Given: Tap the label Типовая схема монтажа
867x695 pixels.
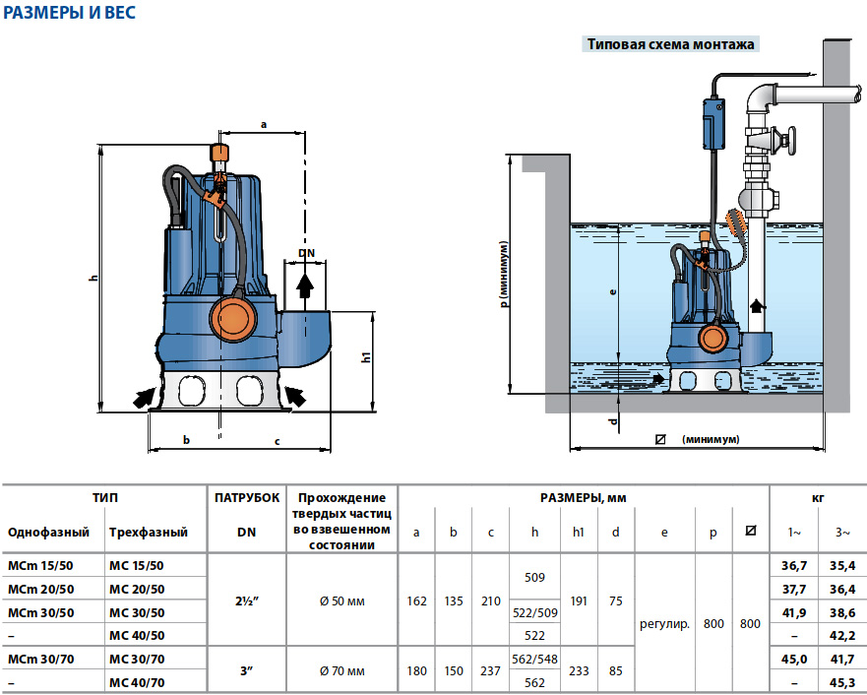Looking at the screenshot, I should [x=670, y=44].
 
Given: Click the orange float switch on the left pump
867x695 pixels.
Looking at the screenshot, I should [x=233, y=318].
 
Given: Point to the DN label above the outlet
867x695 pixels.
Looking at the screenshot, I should [x=306, y=254].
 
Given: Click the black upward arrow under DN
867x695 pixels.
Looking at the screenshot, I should [x=306, y=284].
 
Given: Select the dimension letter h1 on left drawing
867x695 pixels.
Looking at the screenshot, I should [x=364, y=358].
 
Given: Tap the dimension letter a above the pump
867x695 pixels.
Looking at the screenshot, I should [x=264, y=125].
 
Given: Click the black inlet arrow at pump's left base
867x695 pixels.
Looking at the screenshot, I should [x=145, y=397].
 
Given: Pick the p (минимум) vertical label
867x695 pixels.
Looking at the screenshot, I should [x=504, y=275].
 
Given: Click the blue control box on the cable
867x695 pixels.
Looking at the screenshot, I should [x=712, y=121].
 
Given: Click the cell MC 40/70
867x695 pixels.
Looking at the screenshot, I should [x=137, y=681].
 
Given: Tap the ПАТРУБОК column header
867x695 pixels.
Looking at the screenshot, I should [x=247, y=498].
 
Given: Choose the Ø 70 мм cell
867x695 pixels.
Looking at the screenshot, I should [x=341, y=671].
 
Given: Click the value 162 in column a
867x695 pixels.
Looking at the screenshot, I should [x=417, y=600].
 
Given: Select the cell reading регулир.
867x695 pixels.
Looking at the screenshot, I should [x=664, y=624].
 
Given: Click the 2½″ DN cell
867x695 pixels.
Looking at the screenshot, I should [x=247, y=600].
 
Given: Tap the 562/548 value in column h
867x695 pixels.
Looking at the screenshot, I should [x=534, y=659].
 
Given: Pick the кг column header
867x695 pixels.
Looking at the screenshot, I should [x=818, y=498].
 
